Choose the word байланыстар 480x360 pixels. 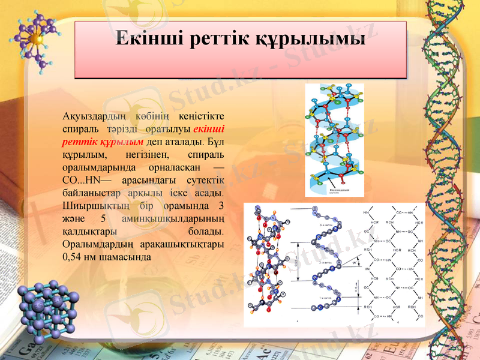pos(90,193)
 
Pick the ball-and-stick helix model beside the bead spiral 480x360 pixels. pos(269,262)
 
